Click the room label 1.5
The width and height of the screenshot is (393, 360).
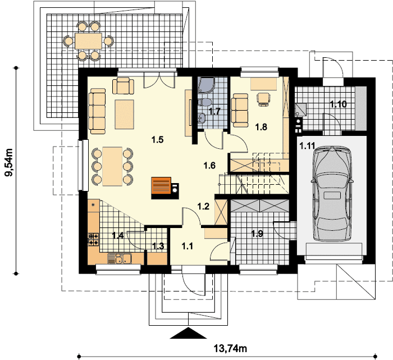click(x=158, y=140)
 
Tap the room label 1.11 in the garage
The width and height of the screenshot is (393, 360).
click(x=307, y=145)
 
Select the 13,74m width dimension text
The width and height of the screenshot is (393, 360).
click(x=230, y=348)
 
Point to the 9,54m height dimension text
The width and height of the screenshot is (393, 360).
click(x=10, y=162)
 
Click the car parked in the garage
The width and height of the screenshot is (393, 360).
click(x=332, y=194)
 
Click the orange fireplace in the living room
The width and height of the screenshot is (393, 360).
click(x=161, y=186)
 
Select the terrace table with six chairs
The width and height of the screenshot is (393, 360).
click(x=88, y=41)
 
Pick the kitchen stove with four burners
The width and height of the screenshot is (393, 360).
click(x=94, y=239)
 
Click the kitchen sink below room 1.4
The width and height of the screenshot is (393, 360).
click(x=120, y=258)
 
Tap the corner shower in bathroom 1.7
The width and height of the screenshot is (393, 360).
click(x=206, y=85)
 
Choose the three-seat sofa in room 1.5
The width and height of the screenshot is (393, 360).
click(x=97, y=111)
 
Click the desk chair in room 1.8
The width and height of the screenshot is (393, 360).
click(x=264, y=99)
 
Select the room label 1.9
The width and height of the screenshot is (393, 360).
click(x=257, y=234)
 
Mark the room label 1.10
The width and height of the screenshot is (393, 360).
click(x=339, y=104)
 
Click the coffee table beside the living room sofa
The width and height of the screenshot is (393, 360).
click(x=124, y=115)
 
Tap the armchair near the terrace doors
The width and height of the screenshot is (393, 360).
click(x=123, y=86)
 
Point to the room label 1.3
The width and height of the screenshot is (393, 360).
click(x=158, y=246)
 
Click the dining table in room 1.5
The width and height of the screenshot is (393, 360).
click(x=112, y=166)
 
